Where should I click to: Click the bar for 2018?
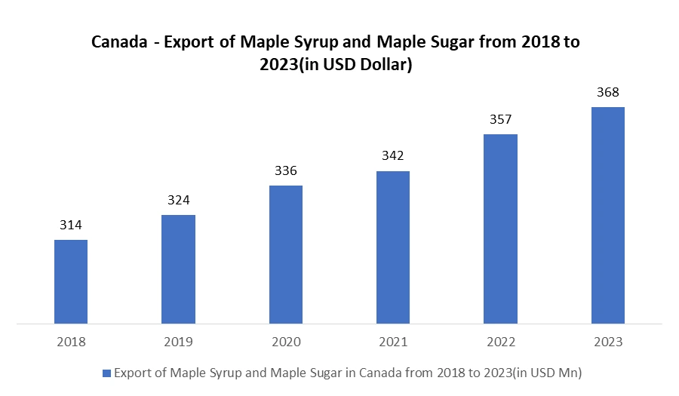(x=71, y=282)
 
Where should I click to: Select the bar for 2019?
(x=178, y=269)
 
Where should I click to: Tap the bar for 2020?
(x=286, y=255)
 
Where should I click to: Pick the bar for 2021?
(x=393, y=247)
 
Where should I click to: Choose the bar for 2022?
(x=500, y=229)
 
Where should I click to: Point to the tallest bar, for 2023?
(x=608, y=216)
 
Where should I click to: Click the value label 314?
(x=71, y=225)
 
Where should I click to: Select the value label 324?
(x=179, y=201)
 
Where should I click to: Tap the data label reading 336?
(x=286, y=170)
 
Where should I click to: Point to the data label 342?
(x=393, y=156)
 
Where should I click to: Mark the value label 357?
(x=500, y=119)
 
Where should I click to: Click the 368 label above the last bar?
(x=608, y=93)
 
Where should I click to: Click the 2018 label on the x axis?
(x=71, y=342)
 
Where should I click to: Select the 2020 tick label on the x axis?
(x=286, y=342)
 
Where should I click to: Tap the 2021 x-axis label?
(x=393, y=342)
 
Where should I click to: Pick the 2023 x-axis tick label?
(x=608, y=342)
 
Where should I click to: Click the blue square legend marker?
(x=106, y=373)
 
